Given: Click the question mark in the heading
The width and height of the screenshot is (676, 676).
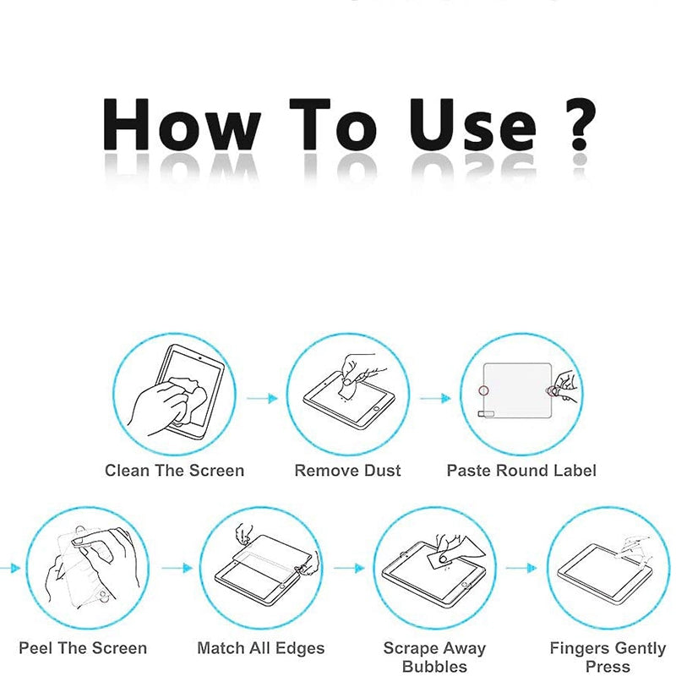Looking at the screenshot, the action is tap(580, 124).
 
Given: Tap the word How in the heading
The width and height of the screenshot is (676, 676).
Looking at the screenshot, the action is tap(182, 124).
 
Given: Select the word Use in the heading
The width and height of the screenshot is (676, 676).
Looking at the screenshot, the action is tap(473, 125).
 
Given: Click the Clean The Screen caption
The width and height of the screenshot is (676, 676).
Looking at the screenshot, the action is tap(175, 471).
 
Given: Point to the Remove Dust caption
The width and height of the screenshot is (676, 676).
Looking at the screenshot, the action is tap(347, 471).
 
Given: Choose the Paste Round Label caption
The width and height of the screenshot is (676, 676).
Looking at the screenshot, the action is tap(521, 471).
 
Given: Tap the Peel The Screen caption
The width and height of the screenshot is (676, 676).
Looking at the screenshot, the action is tap(83, 648).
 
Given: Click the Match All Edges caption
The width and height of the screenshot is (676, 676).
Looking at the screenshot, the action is tap(261, 649).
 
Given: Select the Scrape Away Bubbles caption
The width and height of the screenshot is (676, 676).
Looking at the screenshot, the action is tap(434, 657).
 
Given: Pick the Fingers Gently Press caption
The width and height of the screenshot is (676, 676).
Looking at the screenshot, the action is tap(608, 657).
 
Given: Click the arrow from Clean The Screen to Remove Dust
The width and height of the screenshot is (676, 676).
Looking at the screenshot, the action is tap(262, 398).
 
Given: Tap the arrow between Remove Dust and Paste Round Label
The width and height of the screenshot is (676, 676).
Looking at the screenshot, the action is tap(435, 398).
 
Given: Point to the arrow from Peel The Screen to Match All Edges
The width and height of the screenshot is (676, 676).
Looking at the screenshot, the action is tap(177, 568).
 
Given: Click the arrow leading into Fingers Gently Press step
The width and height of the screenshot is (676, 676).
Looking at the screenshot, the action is tap(521, 568).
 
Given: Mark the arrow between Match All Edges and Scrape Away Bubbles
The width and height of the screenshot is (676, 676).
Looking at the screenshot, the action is tap(349, 568).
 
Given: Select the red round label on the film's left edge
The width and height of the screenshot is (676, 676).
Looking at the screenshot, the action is tap(483, 390).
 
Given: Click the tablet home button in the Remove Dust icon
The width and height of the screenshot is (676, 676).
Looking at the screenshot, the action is tap(376, 408).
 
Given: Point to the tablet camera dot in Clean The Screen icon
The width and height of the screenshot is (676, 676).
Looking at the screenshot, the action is tap(199, 357).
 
